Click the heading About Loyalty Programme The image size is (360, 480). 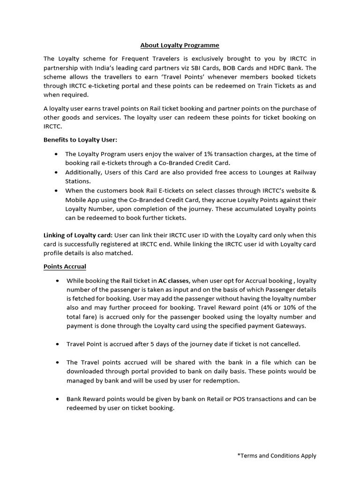tap(180, 45)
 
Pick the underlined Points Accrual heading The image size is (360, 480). tap(65, 266)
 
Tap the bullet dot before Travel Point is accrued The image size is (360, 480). tap(57, 344)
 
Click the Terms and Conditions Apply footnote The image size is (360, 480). tap(277, 455)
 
